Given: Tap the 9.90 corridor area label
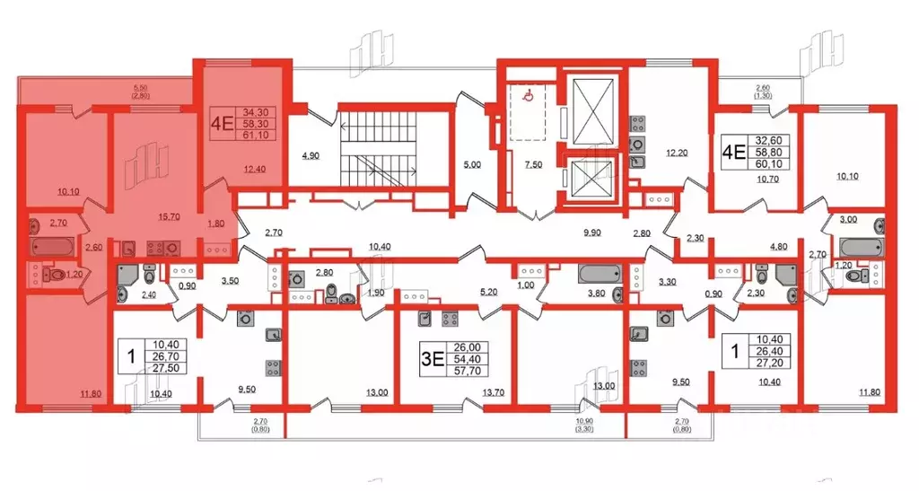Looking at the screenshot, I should coord(592,232).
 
